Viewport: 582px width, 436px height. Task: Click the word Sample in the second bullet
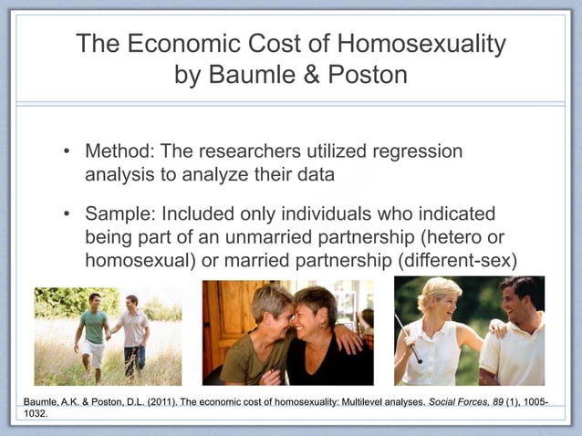pos(120,214)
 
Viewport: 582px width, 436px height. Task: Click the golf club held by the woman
pos(408,338)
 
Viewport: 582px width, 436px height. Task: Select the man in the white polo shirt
pos(515,337)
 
